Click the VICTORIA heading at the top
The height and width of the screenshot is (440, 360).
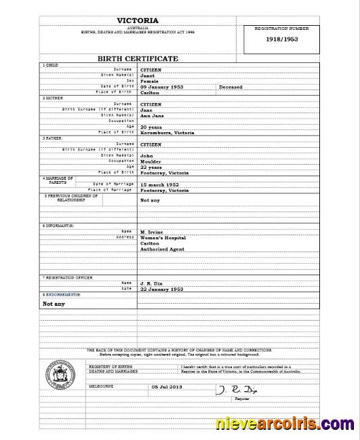click(138, 20)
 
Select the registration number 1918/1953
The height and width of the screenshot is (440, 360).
click(281, 39)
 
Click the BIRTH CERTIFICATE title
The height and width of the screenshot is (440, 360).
click(138, 59)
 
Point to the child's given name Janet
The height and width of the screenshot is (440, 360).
click(147, 75)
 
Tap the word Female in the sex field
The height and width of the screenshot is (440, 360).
click(149, 81)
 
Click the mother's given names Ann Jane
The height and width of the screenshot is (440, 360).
click(152, 115)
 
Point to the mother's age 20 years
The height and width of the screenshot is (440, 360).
click(151, 127)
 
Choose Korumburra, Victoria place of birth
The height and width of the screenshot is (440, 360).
click(167, 133)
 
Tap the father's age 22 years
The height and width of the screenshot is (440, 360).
click(151, 167)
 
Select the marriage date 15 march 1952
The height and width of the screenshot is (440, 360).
click(160, 184)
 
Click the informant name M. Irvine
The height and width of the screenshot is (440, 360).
click(152, 232)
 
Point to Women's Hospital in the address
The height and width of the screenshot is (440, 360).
click(163, 238)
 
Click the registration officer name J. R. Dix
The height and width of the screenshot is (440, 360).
click(150, 283)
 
